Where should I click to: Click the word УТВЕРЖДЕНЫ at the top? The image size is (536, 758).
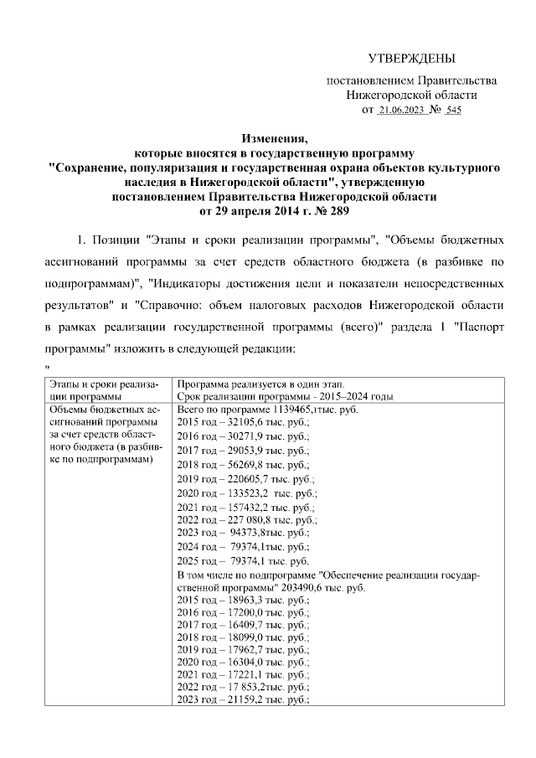pos(412,58)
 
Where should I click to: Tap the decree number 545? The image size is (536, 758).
pos(453,110)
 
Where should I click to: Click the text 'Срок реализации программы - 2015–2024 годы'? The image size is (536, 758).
pos(286,396)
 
